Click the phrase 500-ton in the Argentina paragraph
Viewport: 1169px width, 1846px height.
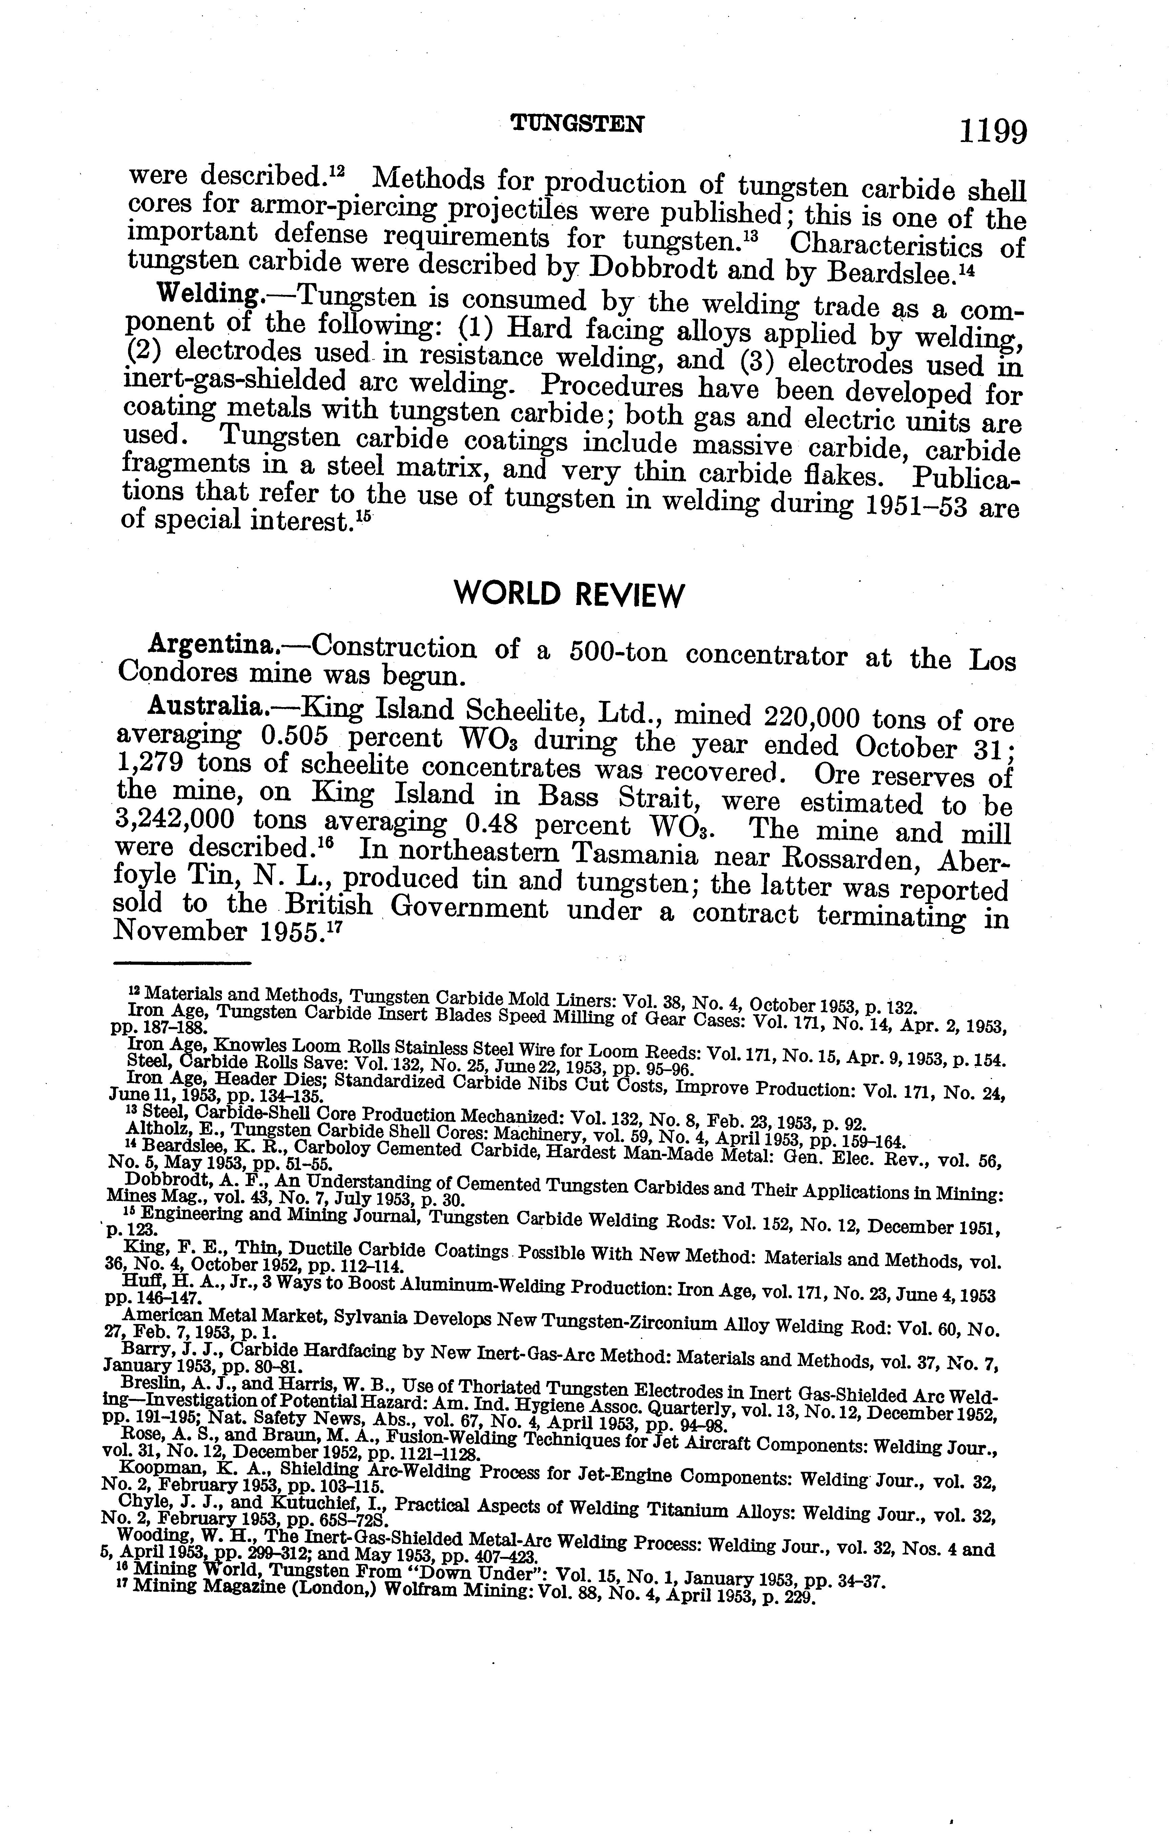619,651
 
